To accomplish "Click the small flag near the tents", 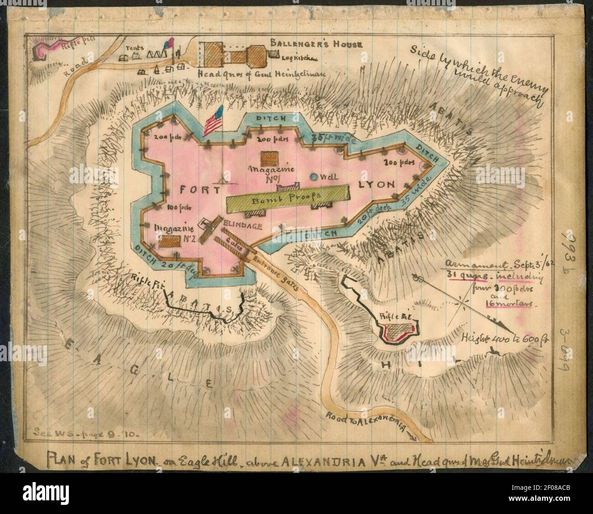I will [172, 43].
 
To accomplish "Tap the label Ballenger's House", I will [316, 44].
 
